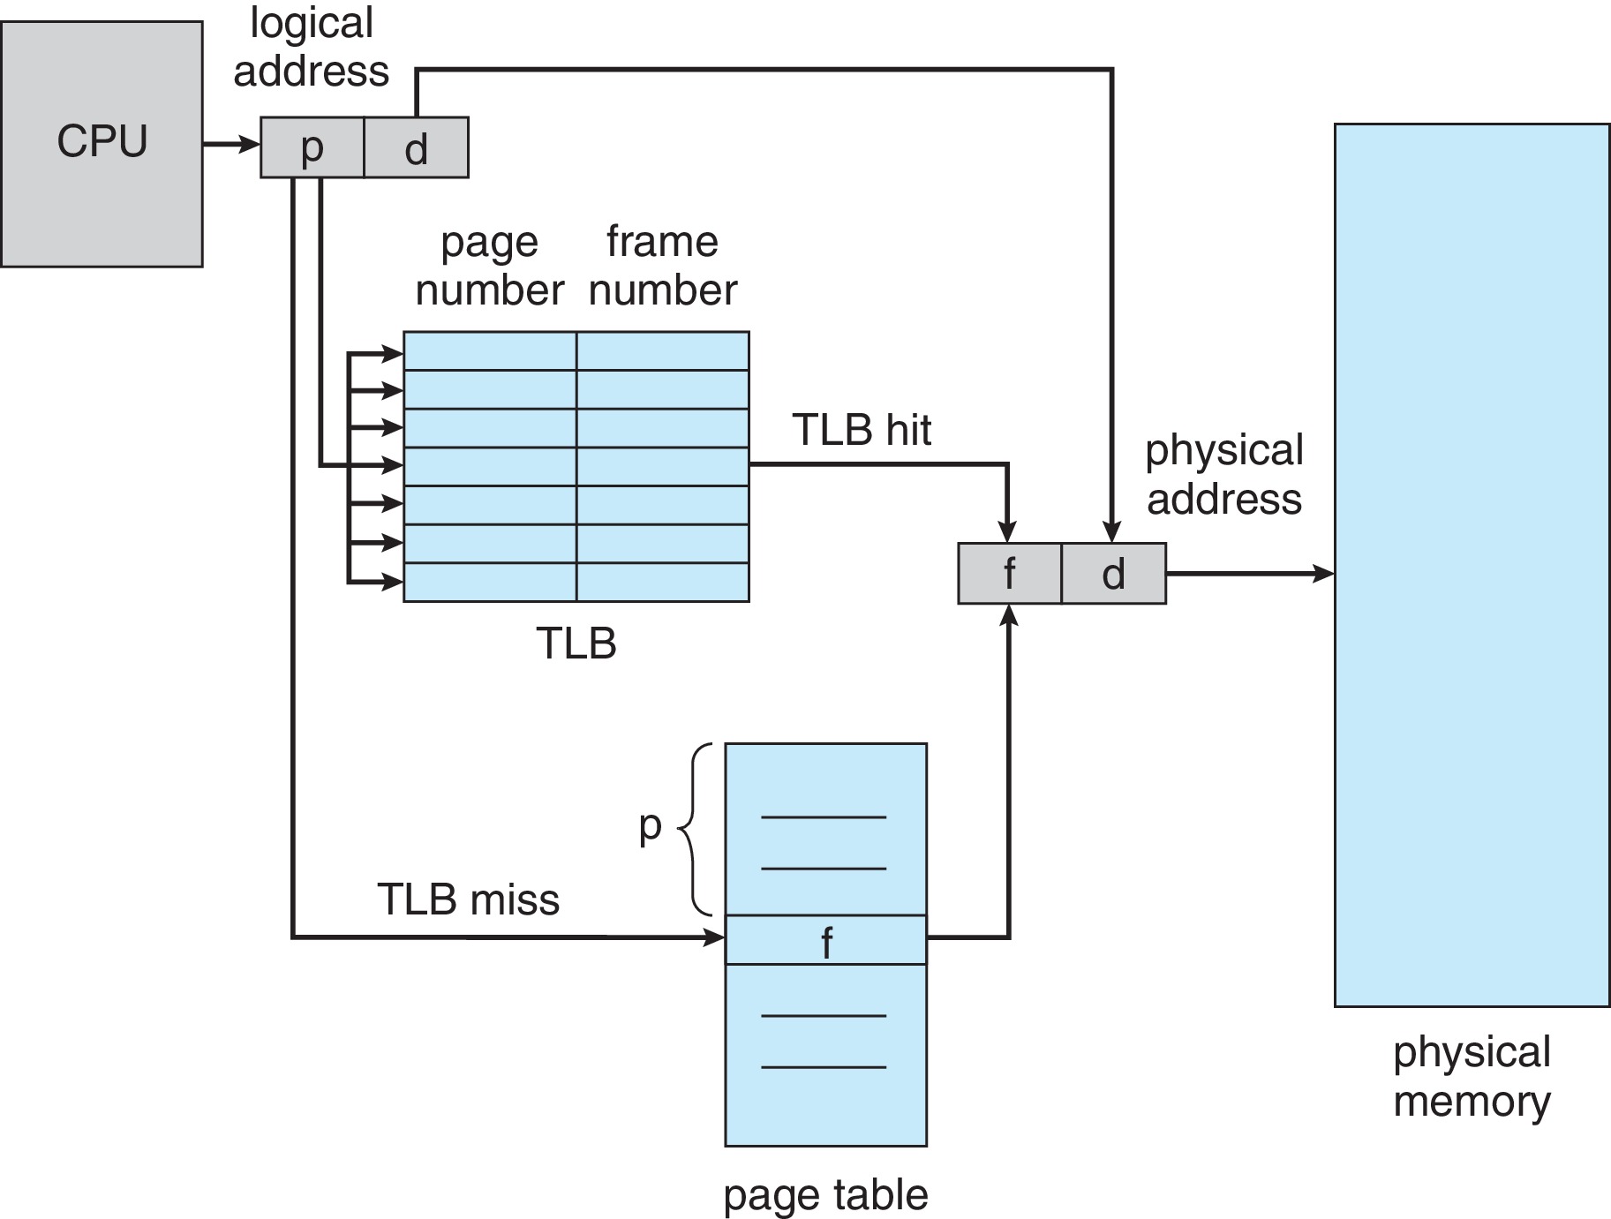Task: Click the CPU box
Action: coord(102,144)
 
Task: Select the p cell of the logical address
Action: coord(312,147)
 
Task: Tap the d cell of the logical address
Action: coord(416,147)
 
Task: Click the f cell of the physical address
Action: coord(1009,574)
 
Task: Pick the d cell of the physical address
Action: coord(1113,574)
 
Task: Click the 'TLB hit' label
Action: coord(862,430)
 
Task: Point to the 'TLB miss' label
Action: coord(468,899)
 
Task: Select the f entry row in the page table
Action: coord(825,940)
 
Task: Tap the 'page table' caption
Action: coord(825,1195)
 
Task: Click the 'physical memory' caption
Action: coord(1472,1076)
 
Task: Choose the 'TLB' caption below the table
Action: coord(576,643)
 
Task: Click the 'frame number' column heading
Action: coord(662,266)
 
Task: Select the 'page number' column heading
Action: coord(489,266)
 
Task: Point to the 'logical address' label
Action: coord(311,47)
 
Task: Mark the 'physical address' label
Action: coord(1223,474)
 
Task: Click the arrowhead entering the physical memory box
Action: coord(1324,574)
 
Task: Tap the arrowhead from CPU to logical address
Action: coord(251,144)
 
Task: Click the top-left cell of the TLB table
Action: coord(490,350)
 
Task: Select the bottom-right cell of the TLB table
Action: coord(662,583)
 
